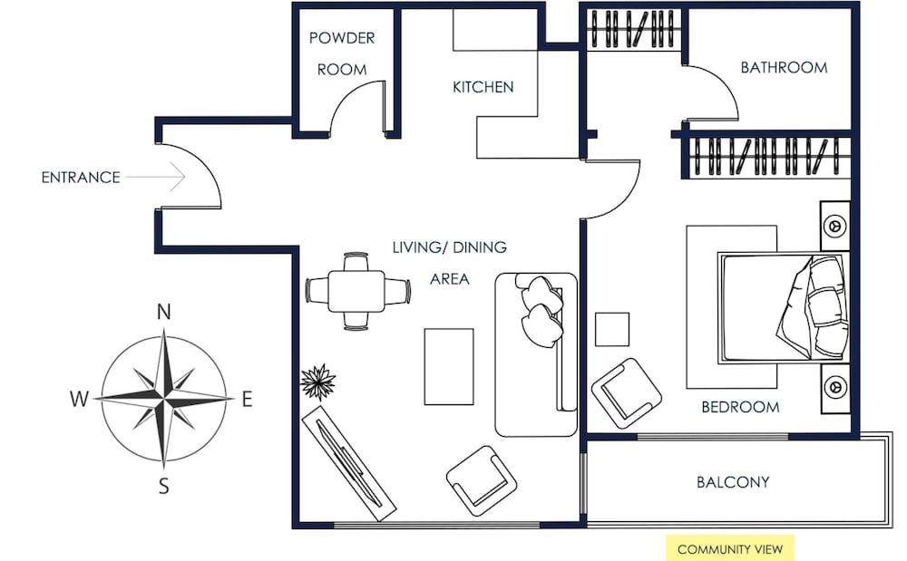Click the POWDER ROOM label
pyautogui.click(x=342, y=53)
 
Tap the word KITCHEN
pyautogui.click(x=483, y=87)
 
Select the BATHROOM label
pyautogui.click(x=784, y=67)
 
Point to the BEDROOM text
pyautogui.click(x=740, y=407)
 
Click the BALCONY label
pyautogui.click(x=733, y=482)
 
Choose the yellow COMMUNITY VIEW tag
pyautogui.click(x=729, y=549)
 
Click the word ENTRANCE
pyautogui.click(x=81, y=178)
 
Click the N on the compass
pyautogui.click(x=164, y=313)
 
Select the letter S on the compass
pyautogui.click(x=164, y=487)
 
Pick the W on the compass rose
pyautogui.click(x=80, y=399)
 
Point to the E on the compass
pyautogui.click(x=247, y=399)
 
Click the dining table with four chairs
pyautogui.click(x=357, y=291)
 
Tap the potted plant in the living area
pyautogui.click(x=317, y=382)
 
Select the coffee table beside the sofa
pyautogui.click(x=448, y=366)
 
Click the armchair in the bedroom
pyautogui.click(x=626, y=392)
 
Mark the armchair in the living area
pyautogui.click(x=481, y=480)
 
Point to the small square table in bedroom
pyautogui.click(x=612, y=328)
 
